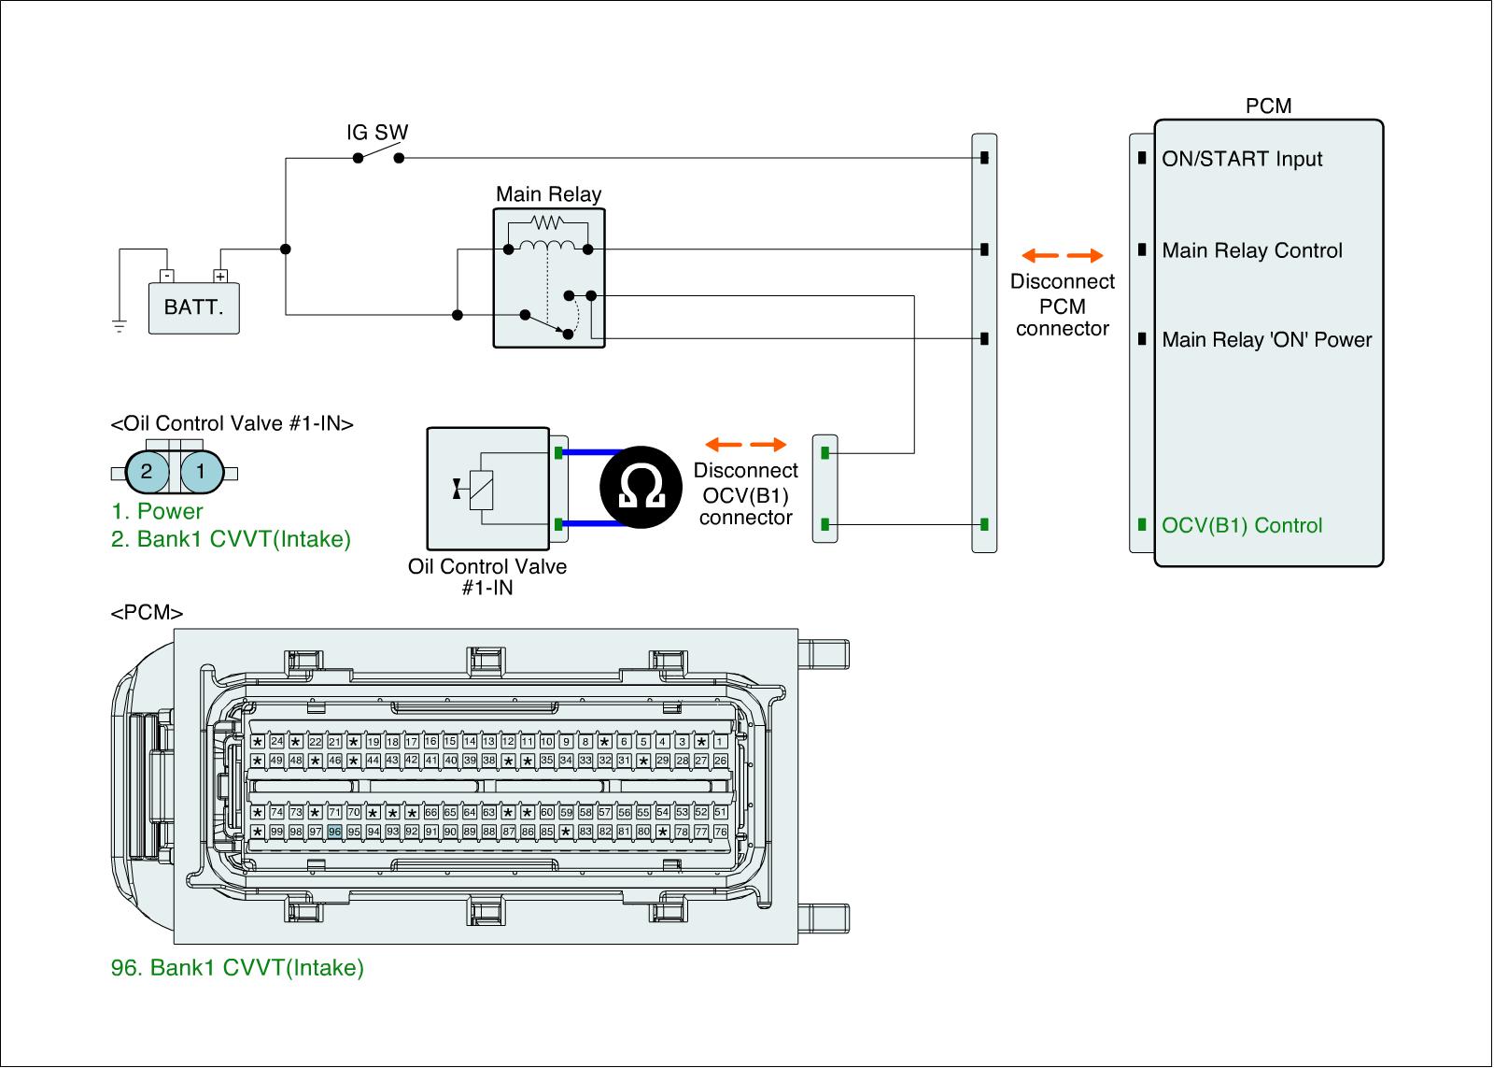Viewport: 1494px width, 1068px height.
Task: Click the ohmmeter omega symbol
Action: tap(642, 487)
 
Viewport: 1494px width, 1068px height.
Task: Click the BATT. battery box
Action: tap(194, 307)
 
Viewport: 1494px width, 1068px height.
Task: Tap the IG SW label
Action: tap(377, 133)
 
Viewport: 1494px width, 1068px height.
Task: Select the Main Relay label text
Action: tap(548, 194)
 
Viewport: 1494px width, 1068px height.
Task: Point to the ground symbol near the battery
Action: tap(119, 325)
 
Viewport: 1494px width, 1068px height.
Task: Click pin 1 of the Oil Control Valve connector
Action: tap(201, 472)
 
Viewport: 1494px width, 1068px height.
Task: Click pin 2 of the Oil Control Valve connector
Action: tap(147, 472)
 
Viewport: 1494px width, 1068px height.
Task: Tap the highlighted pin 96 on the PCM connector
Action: tap(334, 832)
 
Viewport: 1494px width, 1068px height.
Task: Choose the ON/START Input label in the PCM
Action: tap(1242, 159)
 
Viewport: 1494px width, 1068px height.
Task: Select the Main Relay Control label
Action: tap(1252, 250)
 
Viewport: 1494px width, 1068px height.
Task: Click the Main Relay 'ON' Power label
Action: tap(1267, 340)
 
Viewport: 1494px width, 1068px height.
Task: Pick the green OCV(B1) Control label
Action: tap(1242, 525)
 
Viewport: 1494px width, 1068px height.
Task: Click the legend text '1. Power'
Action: tap(157, 511)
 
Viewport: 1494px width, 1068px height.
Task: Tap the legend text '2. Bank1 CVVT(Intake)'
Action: tap(231, 539)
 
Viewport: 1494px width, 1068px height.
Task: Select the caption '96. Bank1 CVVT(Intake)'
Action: tap(237, 968)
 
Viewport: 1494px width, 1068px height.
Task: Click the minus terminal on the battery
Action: tap(165, 277)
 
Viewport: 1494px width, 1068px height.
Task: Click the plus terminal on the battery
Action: tap(220, 277)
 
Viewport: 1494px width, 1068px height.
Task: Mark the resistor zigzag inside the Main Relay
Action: tap(547, 222)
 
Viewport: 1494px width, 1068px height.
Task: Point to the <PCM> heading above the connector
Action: tap(147, 614)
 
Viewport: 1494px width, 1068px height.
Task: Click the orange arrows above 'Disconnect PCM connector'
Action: tap(1062, 255)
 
